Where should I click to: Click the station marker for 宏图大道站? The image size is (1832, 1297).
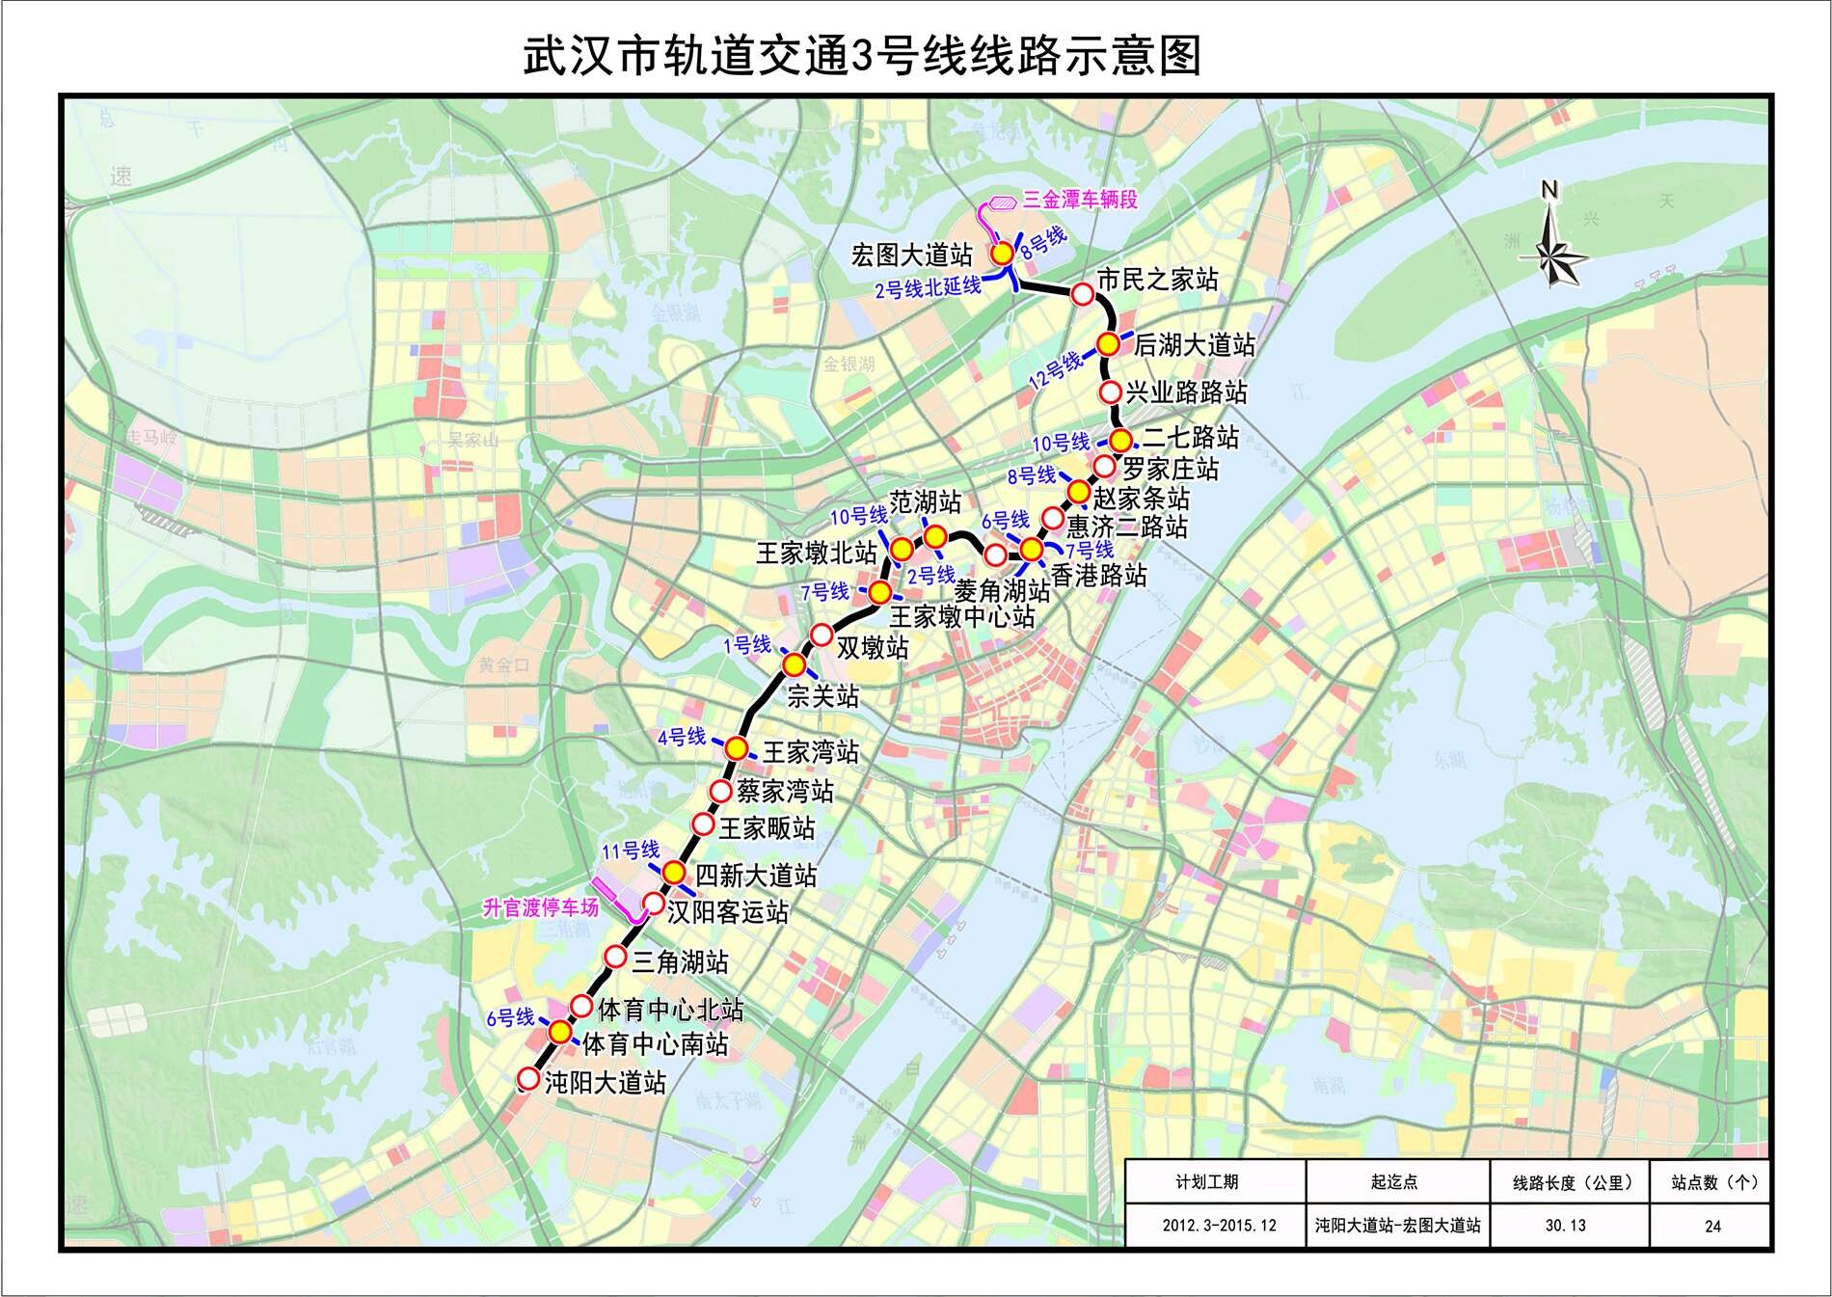pyautogui.click(x=1003, y=254)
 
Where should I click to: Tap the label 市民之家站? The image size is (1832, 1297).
pyautogui.click(x=1157, y=281)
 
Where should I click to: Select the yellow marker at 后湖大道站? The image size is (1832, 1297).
pyautogui.click(x=1109, y=344)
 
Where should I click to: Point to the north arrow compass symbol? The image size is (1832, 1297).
pyautogui.click(x=1552, y=246)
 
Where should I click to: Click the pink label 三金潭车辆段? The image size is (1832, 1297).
pyautogui.click(x=1080, y=200)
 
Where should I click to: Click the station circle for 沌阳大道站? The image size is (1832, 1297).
pyautogui.click(x=528, y=1078)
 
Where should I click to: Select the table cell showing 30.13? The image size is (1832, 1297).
pyautogui.click(x=1565, y=1226)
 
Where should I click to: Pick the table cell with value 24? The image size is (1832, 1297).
pyautogui.click(x=1712, y=1227)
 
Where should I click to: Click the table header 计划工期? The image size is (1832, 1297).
pyautogui.click(x=1206, y=1182)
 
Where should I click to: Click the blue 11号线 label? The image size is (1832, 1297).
pyautogui.click(x=631, y=851)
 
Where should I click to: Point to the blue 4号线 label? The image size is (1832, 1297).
pyautogui.click(x=682, y=738)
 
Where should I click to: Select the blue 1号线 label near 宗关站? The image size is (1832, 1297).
pyautogui.click(x=747, y=645)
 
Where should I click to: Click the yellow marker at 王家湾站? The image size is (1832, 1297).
pyautogui.click(x=737, y=748)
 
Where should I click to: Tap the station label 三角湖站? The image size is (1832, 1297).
pyautogui.click(x=680, y=961)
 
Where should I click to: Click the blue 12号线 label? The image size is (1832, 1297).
pyautogui.click(x=1055, y=370)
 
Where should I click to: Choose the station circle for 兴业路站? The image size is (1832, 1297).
pyautogui.click(x=1111, y=392)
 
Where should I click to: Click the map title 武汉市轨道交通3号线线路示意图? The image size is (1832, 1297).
pyautogui.click(x=862, y=56)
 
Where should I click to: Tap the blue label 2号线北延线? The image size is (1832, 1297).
pyautogui.click(x=928, y=287)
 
